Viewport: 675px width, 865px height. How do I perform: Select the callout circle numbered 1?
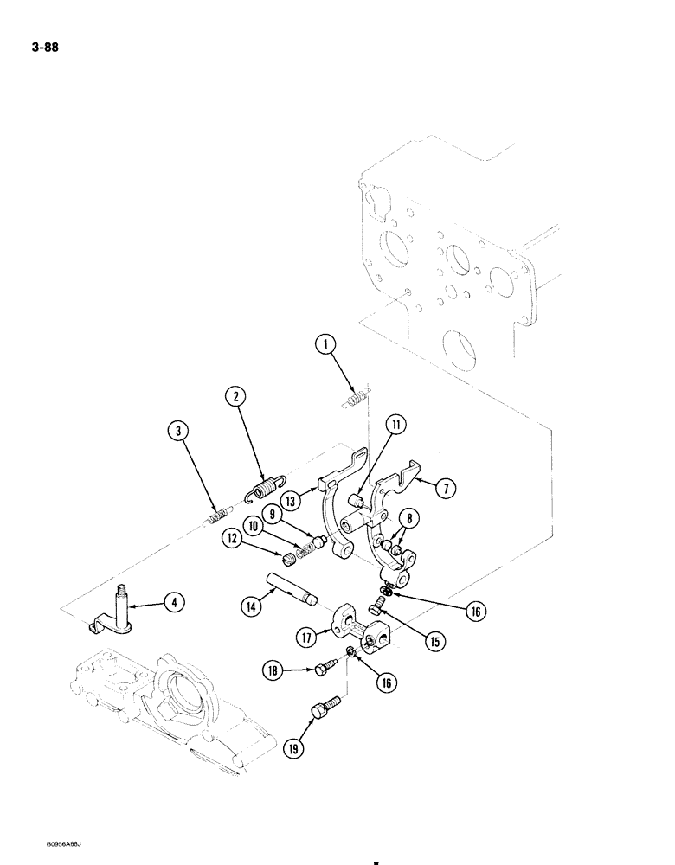326,348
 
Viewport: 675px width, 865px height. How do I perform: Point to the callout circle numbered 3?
176,432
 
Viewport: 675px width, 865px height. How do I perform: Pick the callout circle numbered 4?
177,603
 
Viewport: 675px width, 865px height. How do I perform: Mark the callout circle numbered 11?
395,425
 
